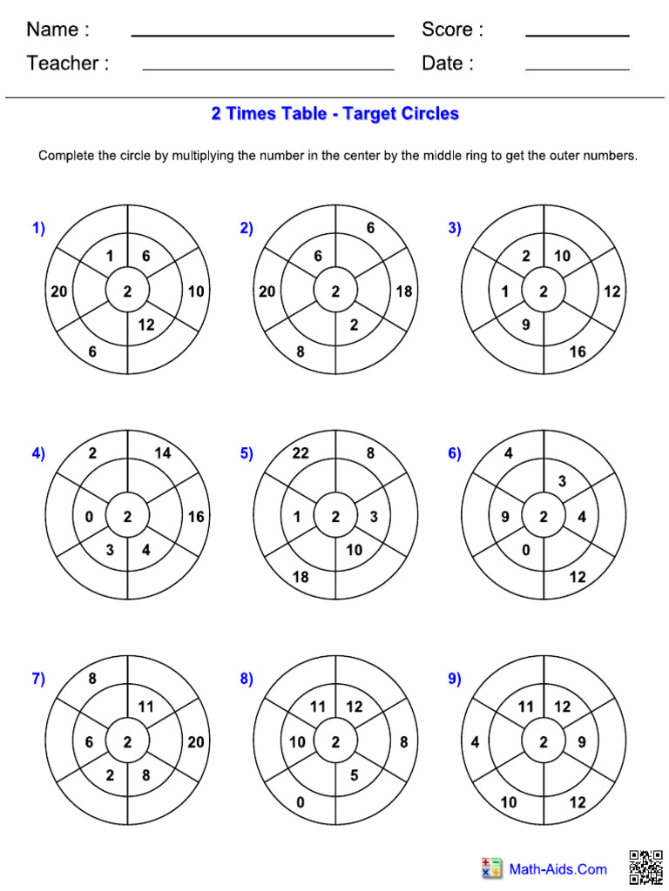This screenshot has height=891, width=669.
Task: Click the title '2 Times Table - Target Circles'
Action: point(334,114)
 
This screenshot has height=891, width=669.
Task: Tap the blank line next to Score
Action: point(577,35)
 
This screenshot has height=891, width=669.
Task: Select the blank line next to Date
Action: point(577,68)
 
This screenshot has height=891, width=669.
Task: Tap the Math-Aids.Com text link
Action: point(557,868)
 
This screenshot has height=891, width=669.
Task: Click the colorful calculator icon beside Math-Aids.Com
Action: point(491,868)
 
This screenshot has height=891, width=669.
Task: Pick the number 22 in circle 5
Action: point(301,452)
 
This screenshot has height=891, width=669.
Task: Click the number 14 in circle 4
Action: point(162,452)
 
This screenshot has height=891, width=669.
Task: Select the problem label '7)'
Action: point(38,680)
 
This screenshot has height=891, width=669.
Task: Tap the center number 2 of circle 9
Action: point(544,742)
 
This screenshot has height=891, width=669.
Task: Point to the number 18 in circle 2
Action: point(403,291)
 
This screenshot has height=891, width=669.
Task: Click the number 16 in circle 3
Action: point(578,352)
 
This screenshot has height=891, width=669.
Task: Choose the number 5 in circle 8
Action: point(354,774)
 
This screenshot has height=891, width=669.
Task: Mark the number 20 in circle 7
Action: point(196,742)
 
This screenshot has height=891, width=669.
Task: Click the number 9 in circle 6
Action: point(505,517)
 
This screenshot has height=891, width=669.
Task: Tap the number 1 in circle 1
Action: point(109,256)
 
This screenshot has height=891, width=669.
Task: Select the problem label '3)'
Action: point(454,228)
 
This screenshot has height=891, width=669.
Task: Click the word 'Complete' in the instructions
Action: point(66,157)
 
